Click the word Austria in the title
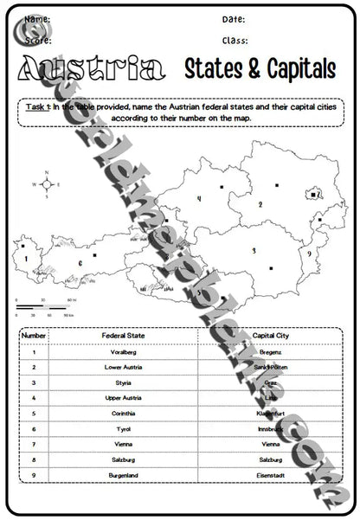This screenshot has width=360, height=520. click(90, 72)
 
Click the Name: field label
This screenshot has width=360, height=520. click(36, 19)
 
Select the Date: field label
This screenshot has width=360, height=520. click(234, 19)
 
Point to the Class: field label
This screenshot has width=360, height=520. click(235, 40)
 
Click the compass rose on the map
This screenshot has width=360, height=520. click(47, 184)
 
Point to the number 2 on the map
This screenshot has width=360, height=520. click(260, 205)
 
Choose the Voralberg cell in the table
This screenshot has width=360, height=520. click(123, 352)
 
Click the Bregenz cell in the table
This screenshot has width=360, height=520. click(271, 352)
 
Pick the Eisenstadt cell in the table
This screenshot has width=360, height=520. click(271, 475)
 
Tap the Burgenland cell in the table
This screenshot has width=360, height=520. click(123, 475)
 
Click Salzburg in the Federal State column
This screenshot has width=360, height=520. click(123, 459)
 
